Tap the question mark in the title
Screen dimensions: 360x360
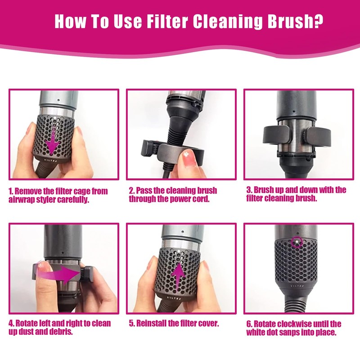pos(317,21)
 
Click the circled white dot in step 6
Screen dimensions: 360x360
pos(296,241)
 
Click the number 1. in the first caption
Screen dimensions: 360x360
pos(12,191)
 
